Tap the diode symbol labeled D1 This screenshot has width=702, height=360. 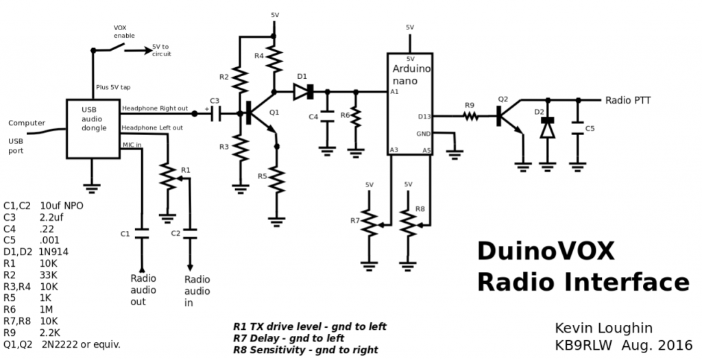[x=304, y=92]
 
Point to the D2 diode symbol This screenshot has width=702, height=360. [x=547, y=128]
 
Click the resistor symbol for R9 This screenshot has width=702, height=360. [x=470, y=117]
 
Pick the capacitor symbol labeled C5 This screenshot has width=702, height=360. [x=578, y=128]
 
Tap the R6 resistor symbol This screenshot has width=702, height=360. [x=356, y=118]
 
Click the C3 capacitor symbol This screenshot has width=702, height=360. [x=215, y=115]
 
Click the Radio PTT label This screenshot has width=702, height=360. [x=628, y=100]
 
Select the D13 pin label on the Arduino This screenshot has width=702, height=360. [x=424, y=117]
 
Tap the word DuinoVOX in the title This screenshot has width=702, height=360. [x=546, y=251]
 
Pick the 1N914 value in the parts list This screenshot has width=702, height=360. [x=54, y=252]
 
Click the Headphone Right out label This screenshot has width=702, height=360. [x=155, y=109]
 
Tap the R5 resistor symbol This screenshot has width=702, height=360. [x=277, y=179]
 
